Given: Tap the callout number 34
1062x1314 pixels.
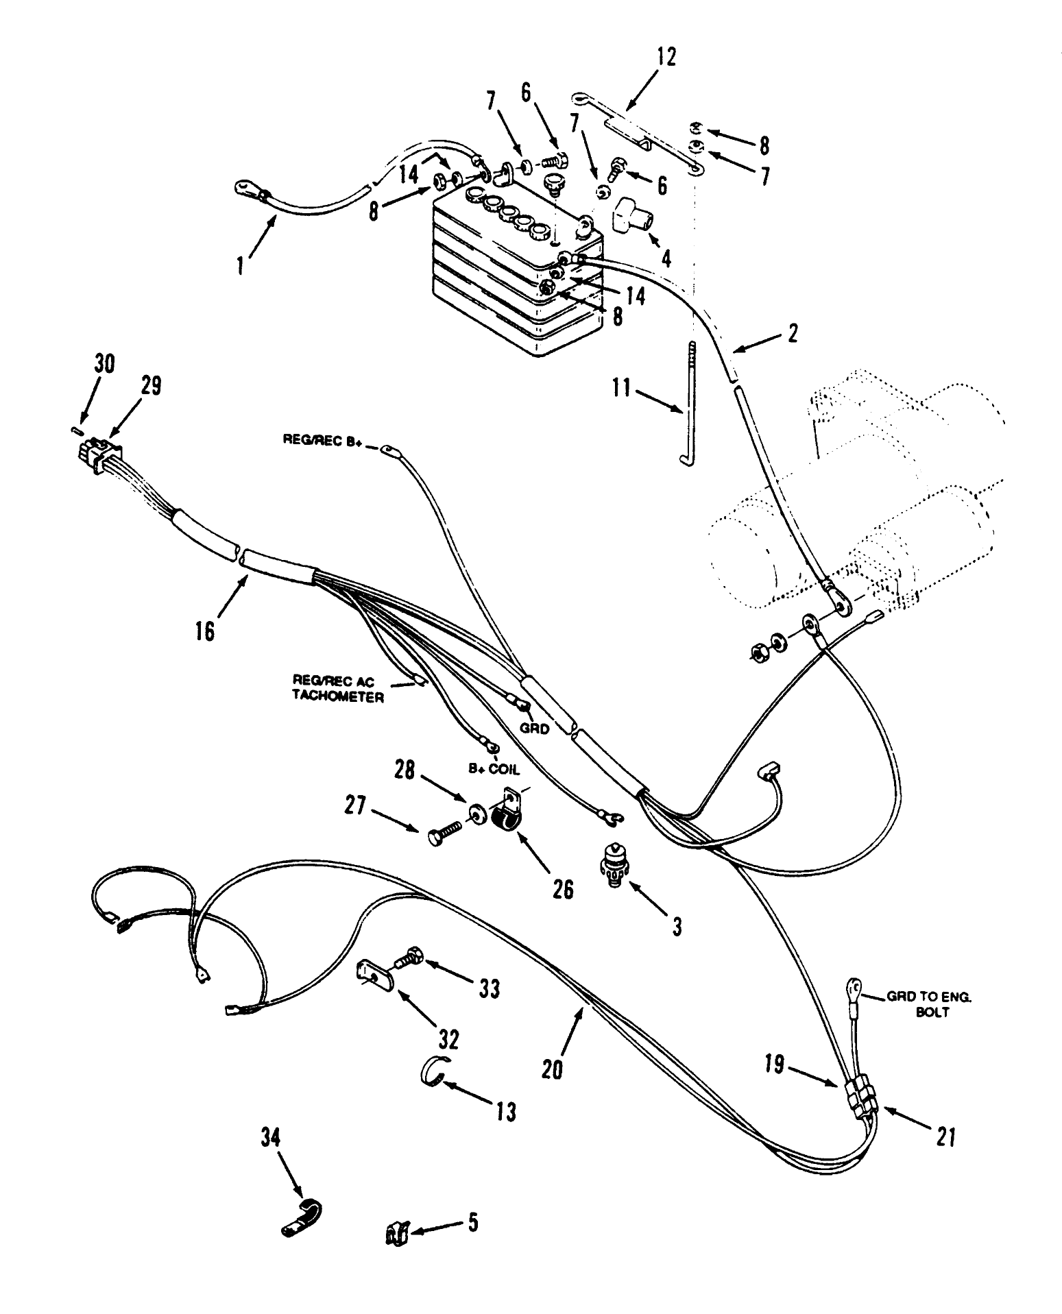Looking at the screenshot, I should click(x=270, y=1139).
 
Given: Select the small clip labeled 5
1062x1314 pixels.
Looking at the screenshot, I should click(x=396, y=1234).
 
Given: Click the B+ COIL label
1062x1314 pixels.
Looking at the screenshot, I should click(x=494, y=769).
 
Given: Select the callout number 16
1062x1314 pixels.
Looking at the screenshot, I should click(x=204, y=630).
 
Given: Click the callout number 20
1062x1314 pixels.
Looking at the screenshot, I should click(x=552, y=1069).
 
